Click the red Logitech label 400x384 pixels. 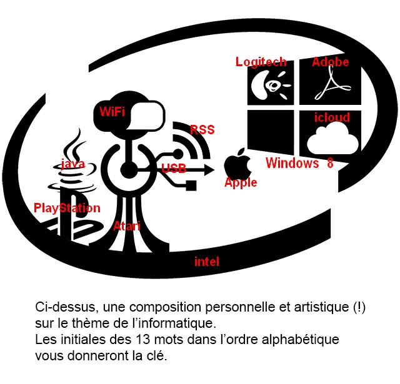[261, 62]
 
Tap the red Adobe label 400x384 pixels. [330, 62]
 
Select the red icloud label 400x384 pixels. [332, 117]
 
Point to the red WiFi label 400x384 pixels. [112, 112]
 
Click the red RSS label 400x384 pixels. [202, 129]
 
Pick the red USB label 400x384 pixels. [174, 169]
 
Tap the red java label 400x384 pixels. [72, 164]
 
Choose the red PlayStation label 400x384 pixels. [67, 208]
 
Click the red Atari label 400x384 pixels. [127, 226]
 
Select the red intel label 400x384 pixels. [207, 262]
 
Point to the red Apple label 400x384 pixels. [241, 182]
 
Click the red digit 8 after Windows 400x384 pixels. [330, 163]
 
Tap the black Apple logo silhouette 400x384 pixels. [237, 163]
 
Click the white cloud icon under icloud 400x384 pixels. [332, 138]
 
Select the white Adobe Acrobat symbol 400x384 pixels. [332, 84]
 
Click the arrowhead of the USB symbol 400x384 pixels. [209, 169]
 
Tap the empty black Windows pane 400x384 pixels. [271, 132]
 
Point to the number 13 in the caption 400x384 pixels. [142, 340]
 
